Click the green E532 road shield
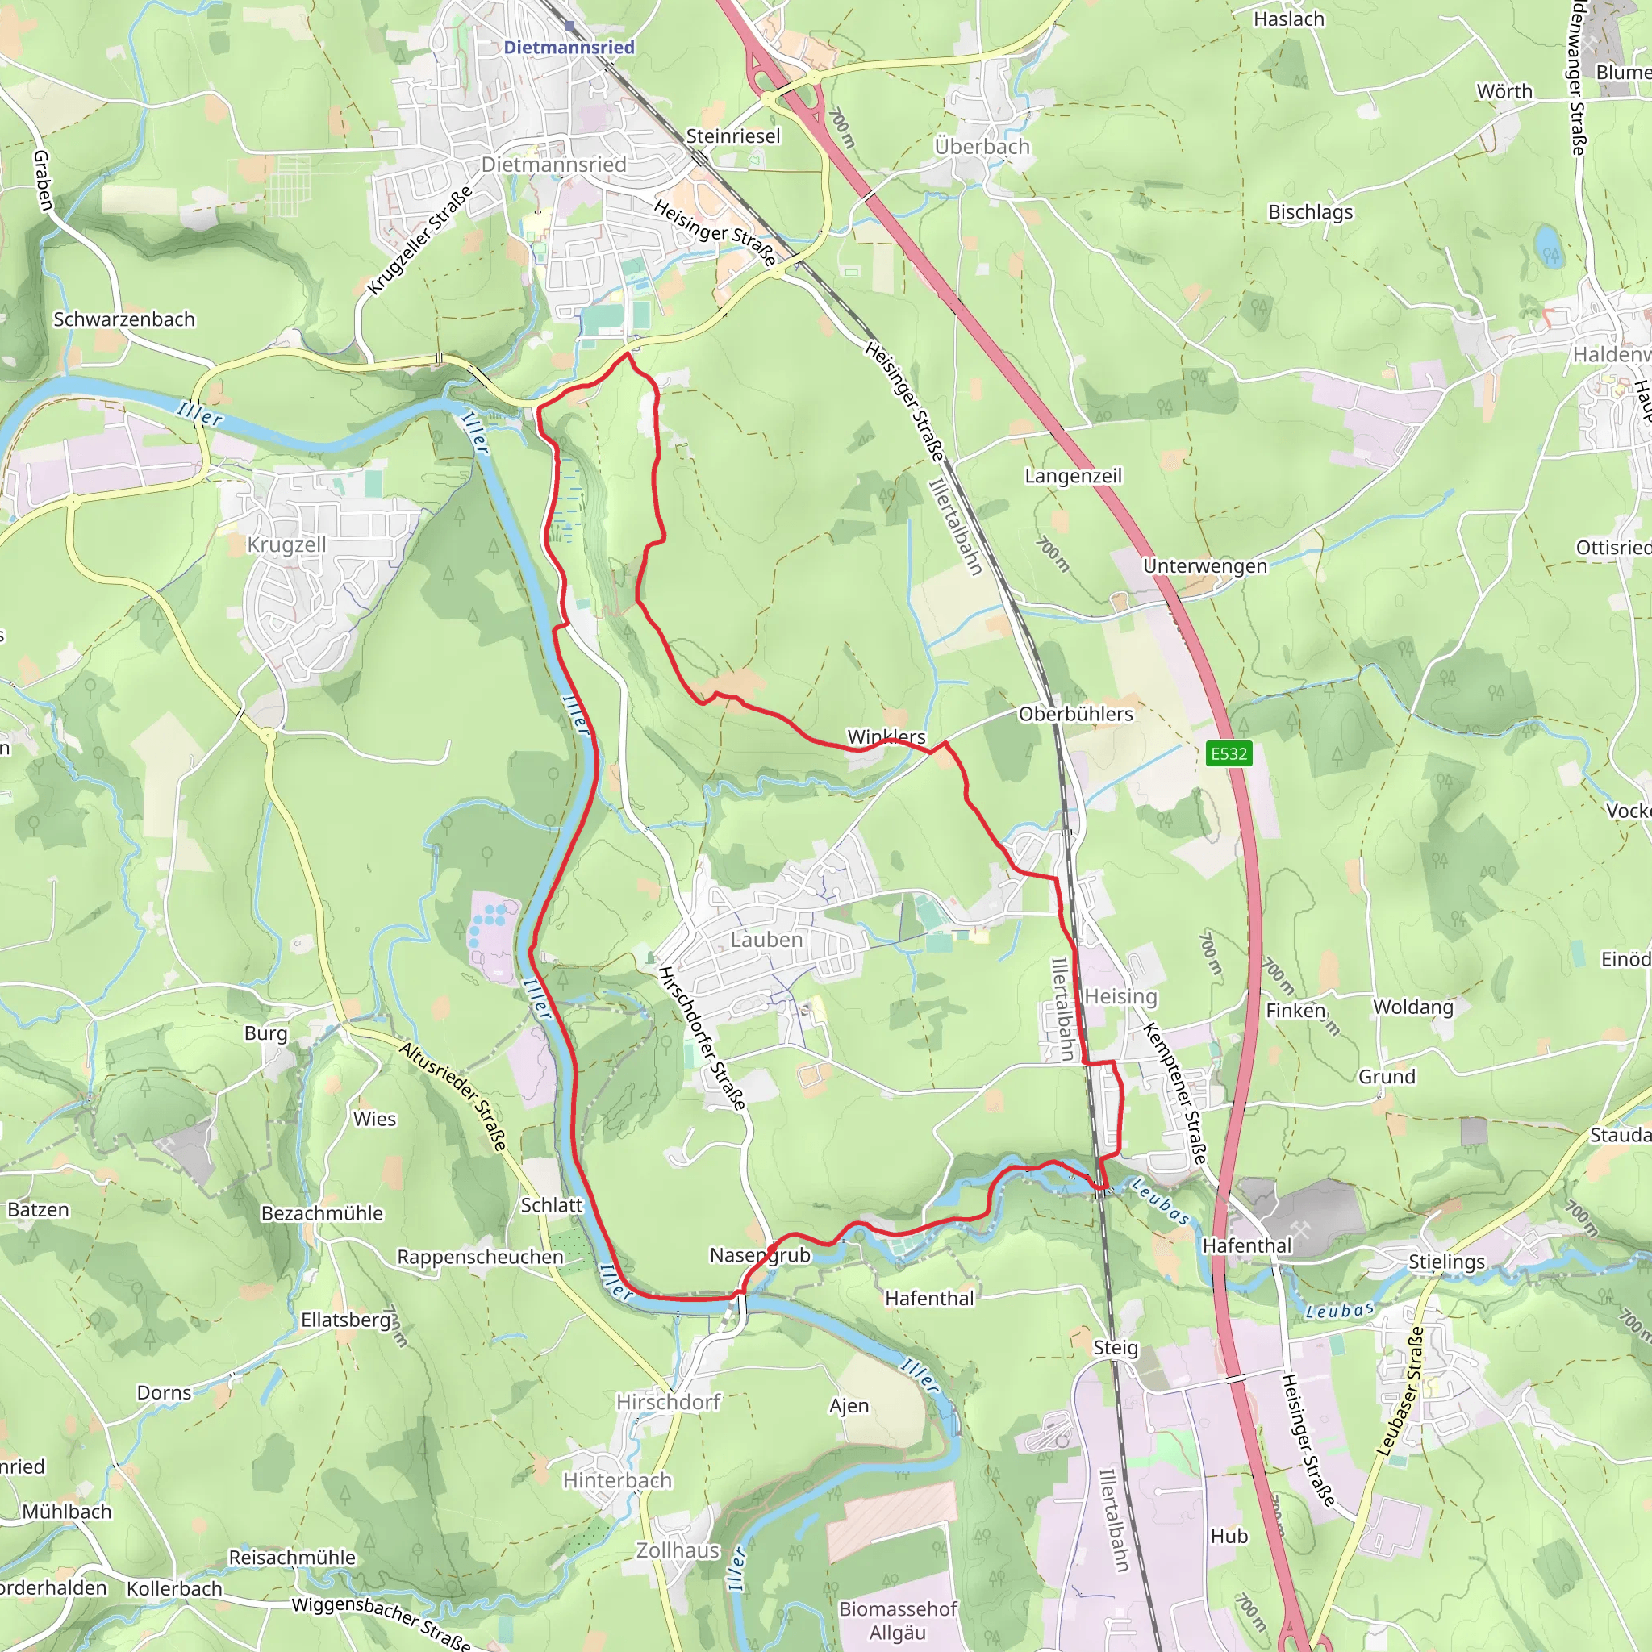point(1229,753)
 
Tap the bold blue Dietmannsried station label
point(569,47)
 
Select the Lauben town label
point(766,940)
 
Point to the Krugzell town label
point(286,544)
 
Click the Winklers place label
point(886,736)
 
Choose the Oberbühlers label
point(1076,714)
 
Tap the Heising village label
point(1121,996)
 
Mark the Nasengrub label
point(760,1254)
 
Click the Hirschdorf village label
point(669,1402)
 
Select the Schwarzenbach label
point(124,319)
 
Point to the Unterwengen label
point(1205,566)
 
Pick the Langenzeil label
point(1073,475)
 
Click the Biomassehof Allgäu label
point(898,1621)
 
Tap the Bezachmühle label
point(323,1212)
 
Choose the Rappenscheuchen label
point(481,1257)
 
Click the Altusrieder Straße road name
point(454,1095)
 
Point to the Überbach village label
point(982,146)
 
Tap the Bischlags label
point(1310,211)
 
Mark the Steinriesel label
point(732,136)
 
